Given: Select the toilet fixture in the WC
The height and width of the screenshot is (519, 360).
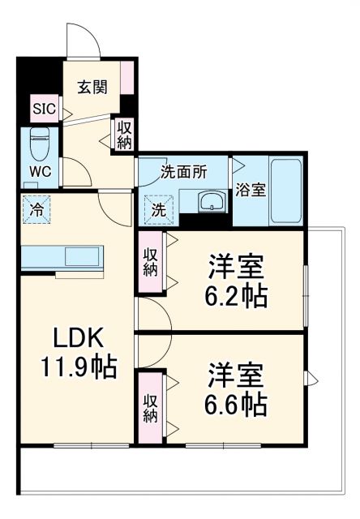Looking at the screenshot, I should point(39,145).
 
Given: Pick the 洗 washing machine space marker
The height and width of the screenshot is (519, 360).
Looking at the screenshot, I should point(158,208).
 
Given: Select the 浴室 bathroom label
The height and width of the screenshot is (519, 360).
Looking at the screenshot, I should point(250,191).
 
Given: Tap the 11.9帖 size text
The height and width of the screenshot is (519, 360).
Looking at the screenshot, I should point(79,367).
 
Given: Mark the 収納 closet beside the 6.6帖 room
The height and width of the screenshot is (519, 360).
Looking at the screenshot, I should point(151,408).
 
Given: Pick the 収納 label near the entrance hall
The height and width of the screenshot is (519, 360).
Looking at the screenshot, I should point(123,135).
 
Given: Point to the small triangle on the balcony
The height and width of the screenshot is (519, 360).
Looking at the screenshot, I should point(313,377).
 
